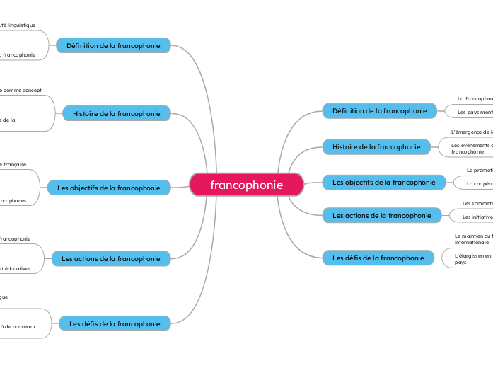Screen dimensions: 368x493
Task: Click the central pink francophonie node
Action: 246,185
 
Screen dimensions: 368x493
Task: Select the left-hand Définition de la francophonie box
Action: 113,45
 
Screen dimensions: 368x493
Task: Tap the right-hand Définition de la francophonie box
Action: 379,111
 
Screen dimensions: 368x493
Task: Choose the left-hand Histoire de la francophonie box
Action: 117,113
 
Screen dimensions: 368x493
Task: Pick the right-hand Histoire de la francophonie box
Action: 376,147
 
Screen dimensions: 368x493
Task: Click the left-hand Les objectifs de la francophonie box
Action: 109,188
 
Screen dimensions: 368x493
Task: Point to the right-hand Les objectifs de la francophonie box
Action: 384,183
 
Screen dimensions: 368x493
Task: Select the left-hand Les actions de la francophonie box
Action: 111,259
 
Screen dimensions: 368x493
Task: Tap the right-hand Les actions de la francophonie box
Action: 381,215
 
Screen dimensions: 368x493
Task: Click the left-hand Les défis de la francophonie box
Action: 115,324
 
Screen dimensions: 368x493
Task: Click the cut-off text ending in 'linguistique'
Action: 18,25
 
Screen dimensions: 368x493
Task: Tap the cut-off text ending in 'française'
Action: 14,164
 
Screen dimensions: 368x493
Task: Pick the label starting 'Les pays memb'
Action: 475,112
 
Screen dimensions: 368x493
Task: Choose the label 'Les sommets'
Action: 477,204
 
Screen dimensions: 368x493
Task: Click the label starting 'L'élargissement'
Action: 473,255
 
